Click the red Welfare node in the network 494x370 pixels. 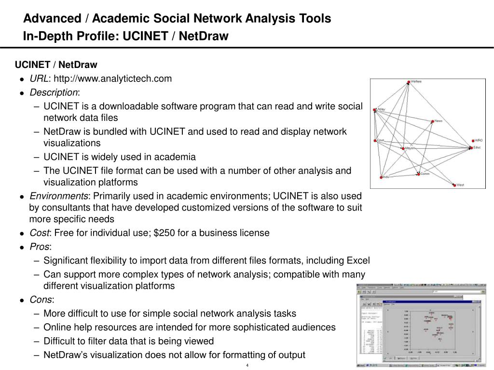(x=409, y=82)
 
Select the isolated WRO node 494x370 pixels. (x=472, y=141)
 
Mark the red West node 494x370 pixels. (x=453, y=185)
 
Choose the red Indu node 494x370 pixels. (x=381, y=177)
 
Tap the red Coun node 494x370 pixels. (x=375, y=141)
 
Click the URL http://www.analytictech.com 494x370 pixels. (x=112, y=79)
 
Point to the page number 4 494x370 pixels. (x=247, y=365)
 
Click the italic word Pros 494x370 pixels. (x=40, y=247)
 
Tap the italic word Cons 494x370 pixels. (x=41, y=300)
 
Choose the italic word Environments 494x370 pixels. (x=59, y=196)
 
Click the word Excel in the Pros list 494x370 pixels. (x=358, y=261)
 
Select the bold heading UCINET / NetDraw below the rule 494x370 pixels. (x=56, y=65)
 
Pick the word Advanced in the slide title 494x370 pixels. (x=53, y=18)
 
